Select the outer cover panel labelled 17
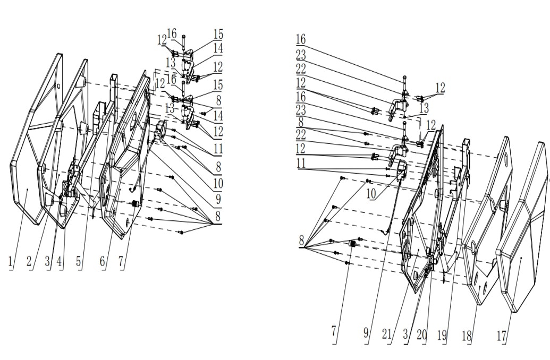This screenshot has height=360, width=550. (x=523, y=239)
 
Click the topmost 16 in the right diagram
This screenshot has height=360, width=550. (x=301, y=39)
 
